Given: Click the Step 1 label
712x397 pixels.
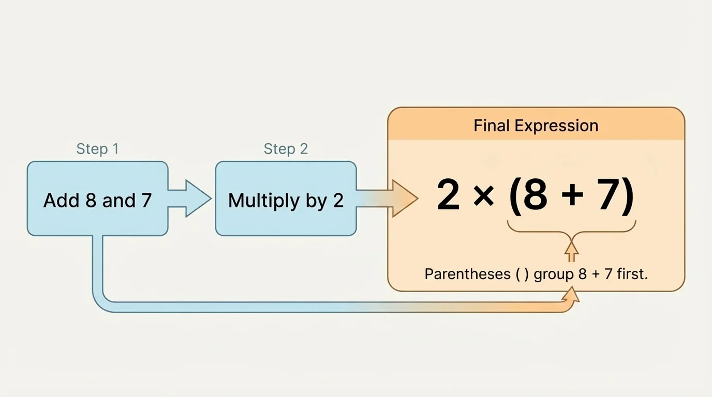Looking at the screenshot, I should [97, 149].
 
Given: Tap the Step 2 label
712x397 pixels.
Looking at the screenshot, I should [286, 149].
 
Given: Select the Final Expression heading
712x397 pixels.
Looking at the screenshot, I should [536, 126].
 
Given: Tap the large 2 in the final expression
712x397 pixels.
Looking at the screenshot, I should [448, 196].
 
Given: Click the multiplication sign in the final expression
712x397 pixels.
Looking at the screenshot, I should [483, 197].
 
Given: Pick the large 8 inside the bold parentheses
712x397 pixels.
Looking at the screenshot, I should [536, 196].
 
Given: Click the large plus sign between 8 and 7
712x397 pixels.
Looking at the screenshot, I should [572, 197].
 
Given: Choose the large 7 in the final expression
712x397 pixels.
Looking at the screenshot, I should [607, 196].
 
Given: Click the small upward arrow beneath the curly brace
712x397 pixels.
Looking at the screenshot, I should [571, 252].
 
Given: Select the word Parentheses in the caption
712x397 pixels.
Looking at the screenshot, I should [467, 274].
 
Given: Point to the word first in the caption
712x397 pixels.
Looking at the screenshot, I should [632, 274].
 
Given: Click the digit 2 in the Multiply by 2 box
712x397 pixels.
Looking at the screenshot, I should [338, 201].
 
